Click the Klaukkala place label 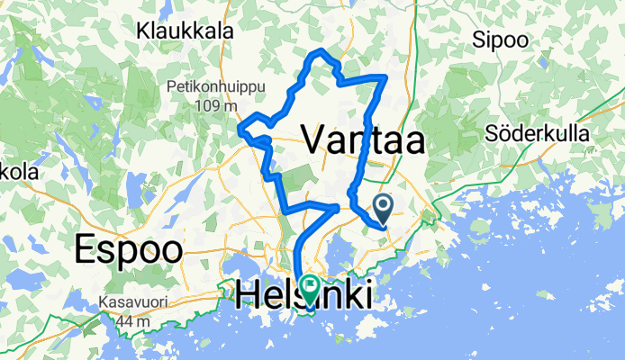pos(180,32)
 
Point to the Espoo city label pos(129,249)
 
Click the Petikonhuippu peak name pos(203,87)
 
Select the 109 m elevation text pos(217,105)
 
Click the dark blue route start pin pos(383,210)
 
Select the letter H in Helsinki pos(249,294)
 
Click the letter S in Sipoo pos(479,40)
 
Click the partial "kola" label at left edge pos(16,171)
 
